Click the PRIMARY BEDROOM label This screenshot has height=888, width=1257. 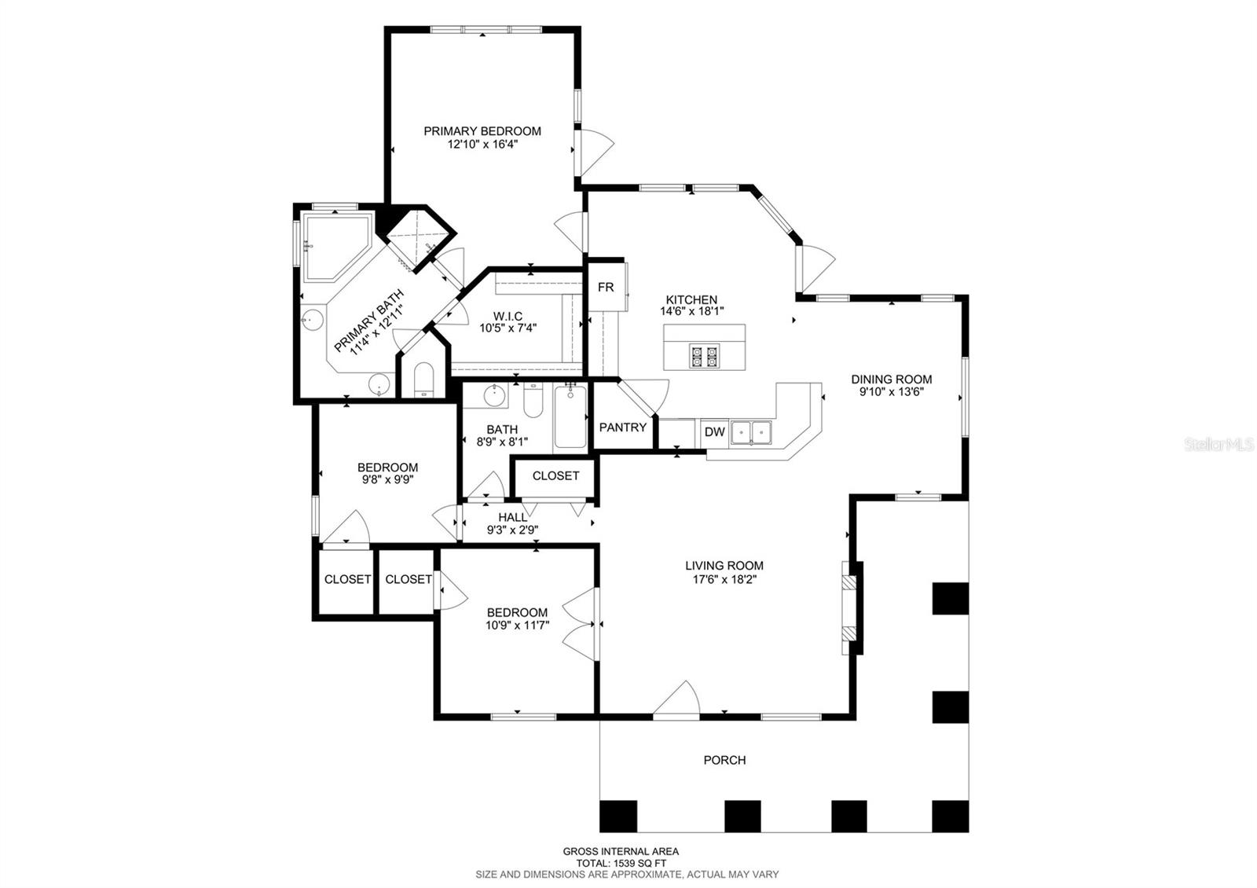click(482, 130)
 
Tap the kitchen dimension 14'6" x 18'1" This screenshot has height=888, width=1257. click(691, 311)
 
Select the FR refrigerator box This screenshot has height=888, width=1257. click(606, 286)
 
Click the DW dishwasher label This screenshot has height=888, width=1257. click(714, 431)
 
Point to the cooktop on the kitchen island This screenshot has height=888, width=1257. click(704, 357)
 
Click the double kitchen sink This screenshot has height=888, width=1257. click(751, 433)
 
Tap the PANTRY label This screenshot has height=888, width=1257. click(622, 427)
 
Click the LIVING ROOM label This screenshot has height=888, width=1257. click(724, 565)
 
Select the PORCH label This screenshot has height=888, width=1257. click(724, 760)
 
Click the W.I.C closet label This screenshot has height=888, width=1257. click(508, 316)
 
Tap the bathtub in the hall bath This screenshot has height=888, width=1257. click(570, 416)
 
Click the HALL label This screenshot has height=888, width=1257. click(512, 517)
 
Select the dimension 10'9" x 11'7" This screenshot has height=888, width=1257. click(517, 625)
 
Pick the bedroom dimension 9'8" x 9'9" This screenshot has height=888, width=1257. click(387, 479)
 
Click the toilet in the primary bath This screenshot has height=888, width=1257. click(423, 380)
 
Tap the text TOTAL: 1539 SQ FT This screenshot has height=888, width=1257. click(621, 864)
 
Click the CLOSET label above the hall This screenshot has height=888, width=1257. click(555, 475)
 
